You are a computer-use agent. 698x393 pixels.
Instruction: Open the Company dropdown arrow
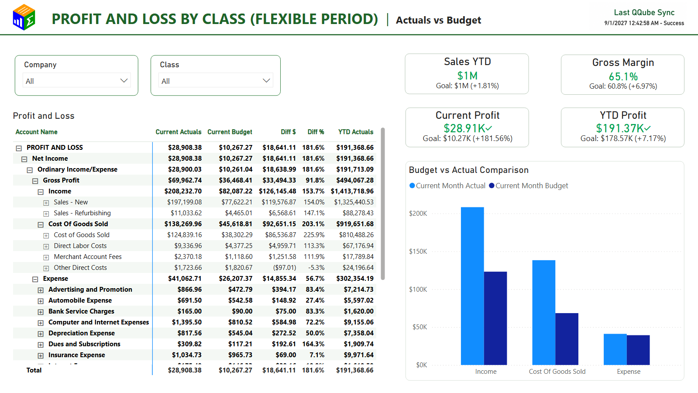tap(124, 81)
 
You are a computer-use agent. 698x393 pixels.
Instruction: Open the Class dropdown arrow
tap(266, 81)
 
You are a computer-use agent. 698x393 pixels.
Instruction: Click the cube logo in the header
tap(24, 17)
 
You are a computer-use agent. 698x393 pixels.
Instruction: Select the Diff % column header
tap(316, 132)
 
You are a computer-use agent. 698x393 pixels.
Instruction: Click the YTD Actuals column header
tap(355, 132)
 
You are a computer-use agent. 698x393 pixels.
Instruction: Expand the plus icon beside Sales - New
tap(46, 203)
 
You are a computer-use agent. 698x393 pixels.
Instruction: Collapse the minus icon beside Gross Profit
tap(35, 181)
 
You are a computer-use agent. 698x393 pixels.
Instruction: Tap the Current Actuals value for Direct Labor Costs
tap(188, 245)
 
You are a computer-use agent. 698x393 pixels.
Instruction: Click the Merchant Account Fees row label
tap(88, 256)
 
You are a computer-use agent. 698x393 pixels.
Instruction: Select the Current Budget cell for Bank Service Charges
tap(242, 311)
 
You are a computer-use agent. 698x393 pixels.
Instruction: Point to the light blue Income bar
tap(472, 286)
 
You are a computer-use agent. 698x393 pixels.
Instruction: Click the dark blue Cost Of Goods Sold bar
tap(567, 339)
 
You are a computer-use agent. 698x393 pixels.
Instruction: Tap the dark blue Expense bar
tap(638, 350)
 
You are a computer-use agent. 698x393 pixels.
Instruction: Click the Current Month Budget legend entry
tap(529, 186)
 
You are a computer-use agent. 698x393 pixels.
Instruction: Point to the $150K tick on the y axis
tap(418, 251)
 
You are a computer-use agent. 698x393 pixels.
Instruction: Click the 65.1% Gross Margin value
tap(623, 76)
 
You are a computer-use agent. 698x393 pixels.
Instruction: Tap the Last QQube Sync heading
tap(644, 13)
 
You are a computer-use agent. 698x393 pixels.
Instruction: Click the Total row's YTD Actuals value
tap(354, 370)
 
